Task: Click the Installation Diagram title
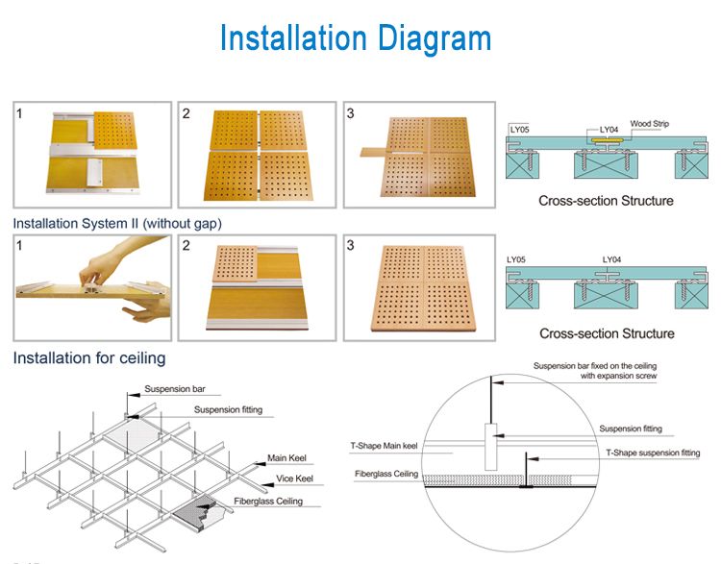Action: (355, 38)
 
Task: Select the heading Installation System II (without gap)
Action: (117, 223)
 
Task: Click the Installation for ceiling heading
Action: (89, 358)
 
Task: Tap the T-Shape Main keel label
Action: (384, 446)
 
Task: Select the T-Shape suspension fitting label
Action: (652, 452)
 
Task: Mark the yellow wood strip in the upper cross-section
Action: (607, 139)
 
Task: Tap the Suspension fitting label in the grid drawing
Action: (227, 410)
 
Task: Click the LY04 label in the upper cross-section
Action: (609, 128)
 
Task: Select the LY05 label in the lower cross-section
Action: (518, 259)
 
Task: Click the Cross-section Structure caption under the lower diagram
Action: (606, 333)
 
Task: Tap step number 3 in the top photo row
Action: (351, 113)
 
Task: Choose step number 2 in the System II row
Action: (186, 246)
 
